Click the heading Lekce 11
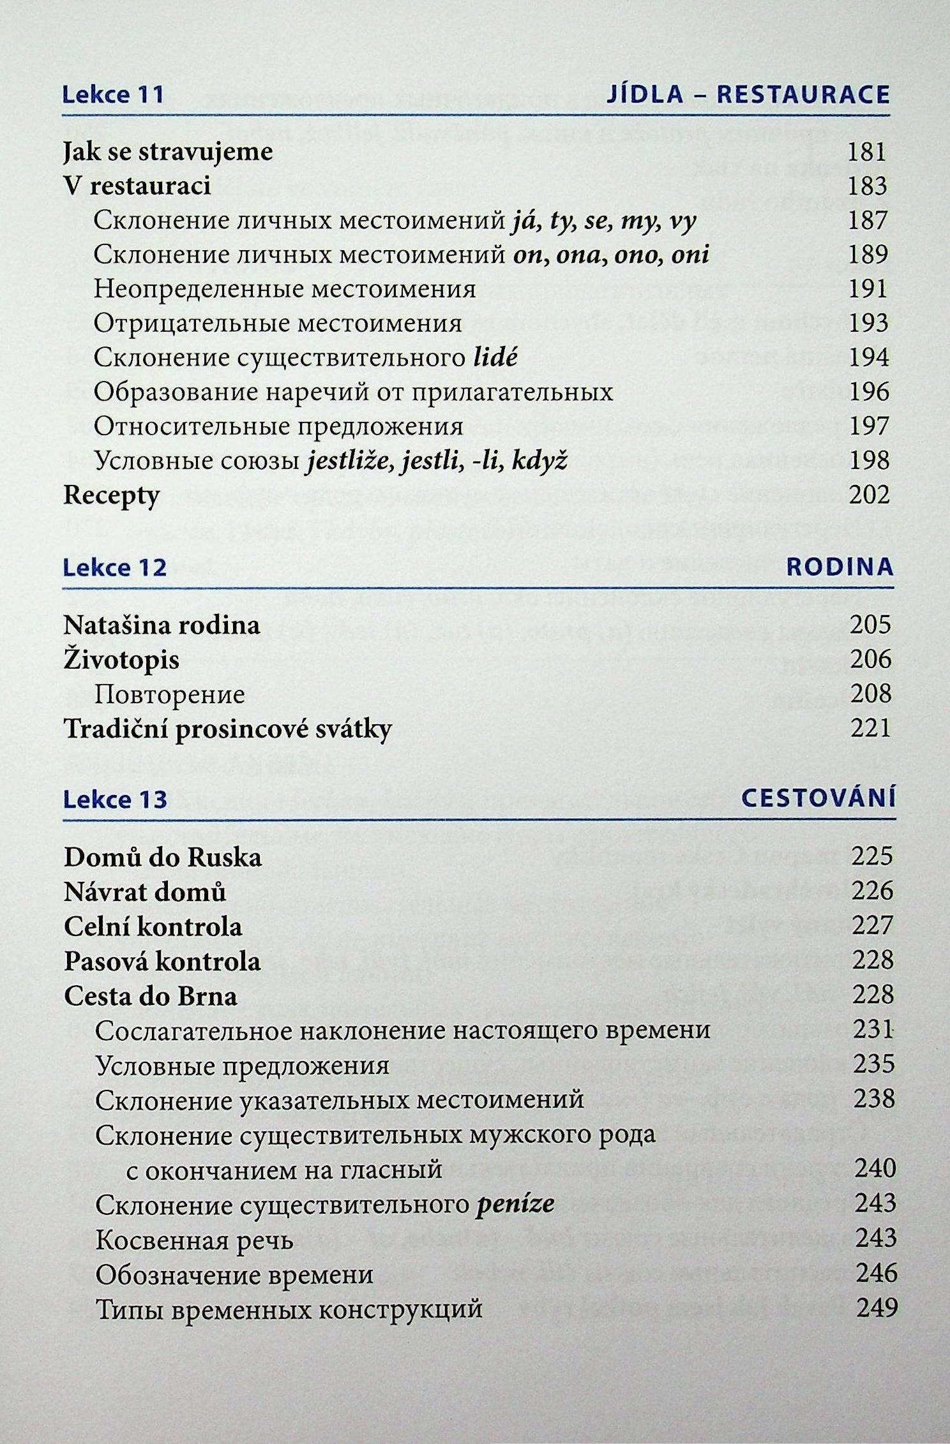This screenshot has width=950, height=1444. pyautogui.click(x=114, y=94)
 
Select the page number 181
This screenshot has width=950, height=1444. pyautogui.click(x=868, y=152)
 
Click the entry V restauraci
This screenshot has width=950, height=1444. pyautogui.click(x=137, y=186)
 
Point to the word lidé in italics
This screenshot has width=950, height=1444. pyautogui.click(x=495, y=357)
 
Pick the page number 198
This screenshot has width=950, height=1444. pyautogui.click(x=868, y=460)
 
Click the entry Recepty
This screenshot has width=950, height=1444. pyautogui.click(x=112, y=496)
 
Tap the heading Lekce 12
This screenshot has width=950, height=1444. pyautogui.click(x=115, y=567)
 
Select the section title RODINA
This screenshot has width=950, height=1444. pyautogui.click(x=840, y=567)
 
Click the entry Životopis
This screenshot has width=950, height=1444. pyautogui.click(x=121, y=660)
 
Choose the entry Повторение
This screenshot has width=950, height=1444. pyautogui.click(x=170, y=694)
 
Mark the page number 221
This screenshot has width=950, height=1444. pyautogui.click(x=870, y=728)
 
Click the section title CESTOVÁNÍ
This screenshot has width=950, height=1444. pyautogui.click(x=818, y=799)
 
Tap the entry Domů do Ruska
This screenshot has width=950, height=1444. pyautogui.click(x=163, y=858)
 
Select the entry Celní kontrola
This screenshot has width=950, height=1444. pyautogui.click(x=153, y=927)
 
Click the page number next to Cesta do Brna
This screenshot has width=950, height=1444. pyautogui.click(x=872, y=995)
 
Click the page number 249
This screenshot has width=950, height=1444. pyautogui.click(x=877, y=1307)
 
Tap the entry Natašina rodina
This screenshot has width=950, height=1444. pyautogui.click(x=162, y=625)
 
